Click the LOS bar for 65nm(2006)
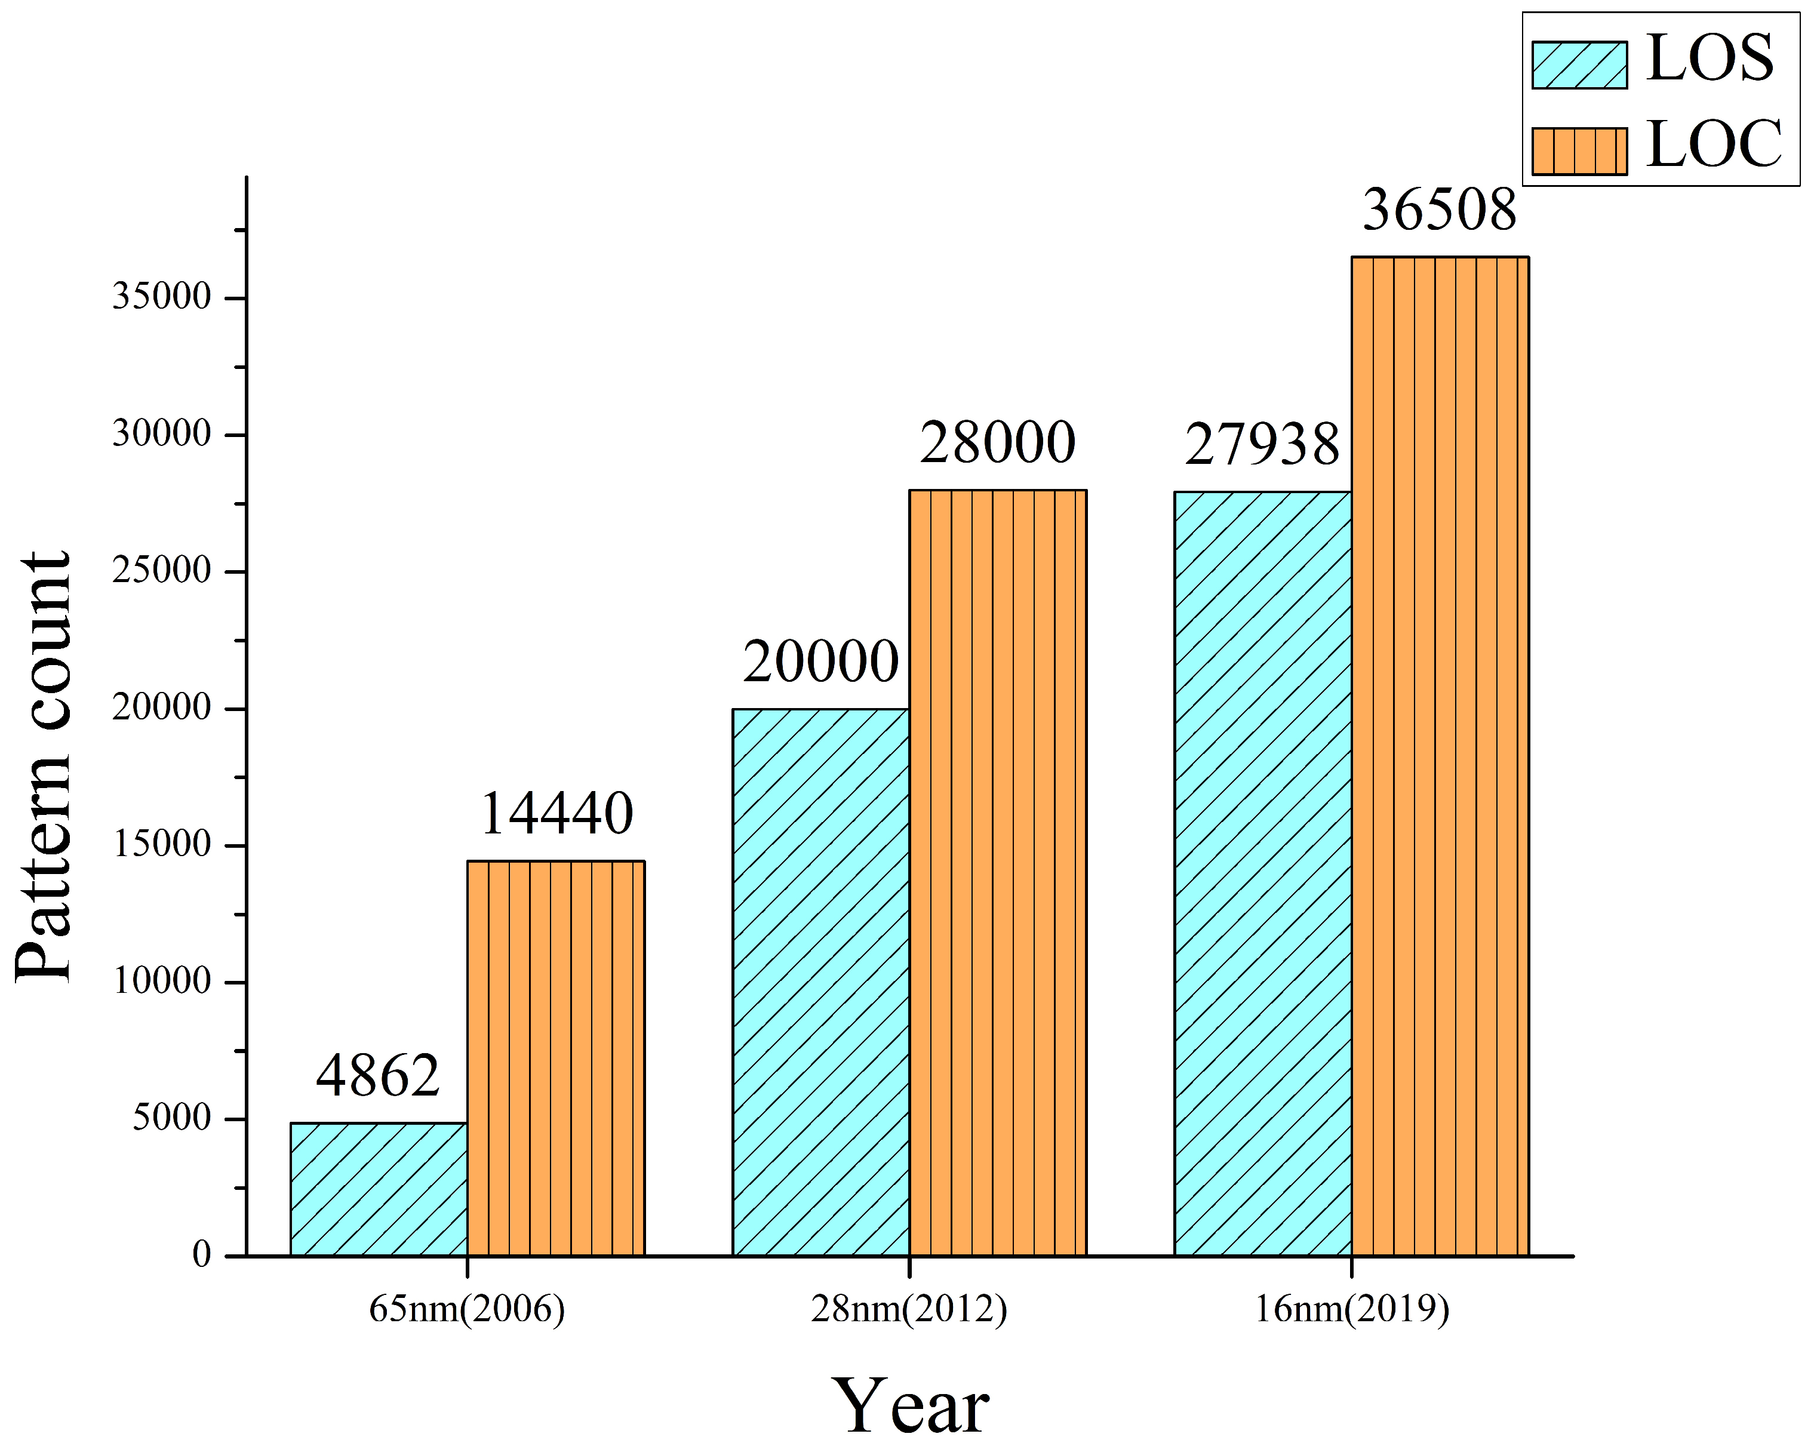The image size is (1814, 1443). coord(379,1189)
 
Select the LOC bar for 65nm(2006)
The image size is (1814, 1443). coord(556,1058)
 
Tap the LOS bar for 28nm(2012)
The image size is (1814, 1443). coord(820,982)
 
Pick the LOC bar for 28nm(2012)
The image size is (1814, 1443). coord(998,872)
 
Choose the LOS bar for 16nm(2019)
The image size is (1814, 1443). coord(1262,873)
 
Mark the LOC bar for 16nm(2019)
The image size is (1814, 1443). coord(1440,756)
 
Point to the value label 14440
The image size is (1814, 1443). coord(556,814)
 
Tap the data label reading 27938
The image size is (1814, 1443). coord(1262,444)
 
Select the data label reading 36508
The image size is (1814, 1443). coord(1440,210)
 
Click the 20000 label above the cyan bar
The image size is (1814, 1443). coord(820,661)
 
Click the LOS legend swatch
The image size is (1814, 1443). coord(1579,65)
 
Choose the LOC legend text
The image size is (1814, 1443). coord(1714,144)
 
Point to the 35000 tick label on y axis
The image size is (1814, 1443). coord(162,297)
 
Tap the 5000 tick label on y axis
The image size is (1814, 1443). coord(171,1118)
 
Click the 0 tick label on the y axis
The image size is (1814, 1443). coord(202,1254)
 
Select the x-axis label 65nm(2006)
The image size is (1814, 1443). coord(467,1309)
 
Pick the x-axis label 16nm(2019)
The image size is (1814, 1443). coord(1352,1309)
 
